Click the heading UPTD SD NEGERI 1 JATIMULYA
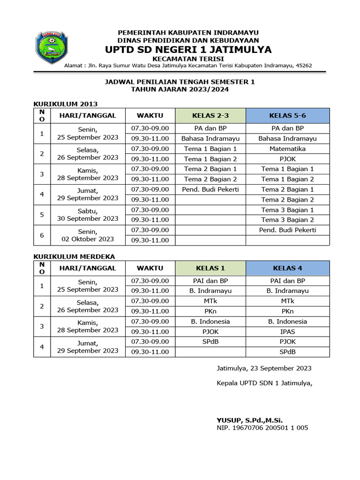[x=188, y=50]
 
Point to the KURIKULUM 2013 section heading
[x=65, y=104]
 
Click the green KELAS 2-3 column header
[x=210, y=115]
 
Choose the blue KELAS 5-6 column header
[x=287, y=115]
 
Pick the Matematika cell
[x=287, y=149]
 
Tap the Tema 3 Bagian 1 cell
[x=287, y=210]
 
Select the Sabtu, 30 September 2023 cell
[x=88, y=215]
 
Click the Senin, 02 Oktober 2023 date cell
[x=88, y=235]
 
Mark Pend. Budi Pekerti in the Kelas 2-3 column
[x=210, y=189]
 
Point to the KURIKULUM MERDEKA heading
[x=74, y=256]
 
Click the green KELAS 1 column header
[x=210, y=268]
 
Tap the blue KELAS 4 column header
[x=287, y=268]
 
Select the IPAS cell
[x=287, y=331]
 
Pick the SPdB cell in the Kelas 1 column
[x=210, y=342]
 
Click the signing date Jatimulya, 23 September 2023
[x=264, y=368]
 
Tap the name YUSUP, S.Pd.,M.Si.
[x=249, y=420]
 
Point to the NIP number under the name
[x=262, y=427]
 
